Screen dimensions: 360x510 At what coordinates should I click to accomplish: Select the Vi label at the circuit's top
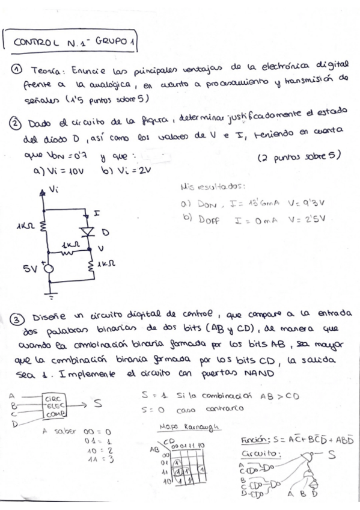53,189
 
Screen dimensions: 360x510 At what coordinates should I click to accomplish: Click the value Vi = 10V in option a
60,171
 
